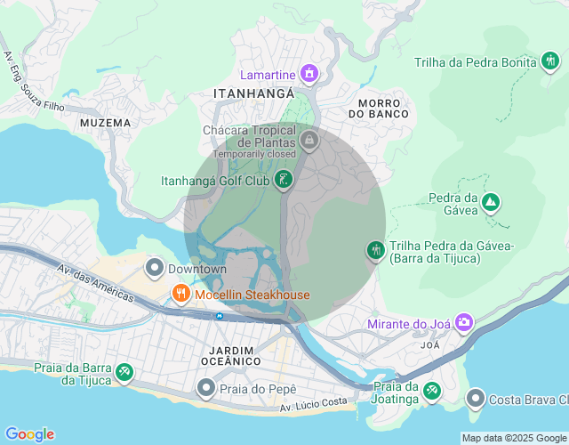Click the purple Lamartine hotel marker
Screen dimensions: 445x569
309,72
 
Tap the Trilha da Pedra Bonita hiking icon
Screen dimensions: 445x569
550,61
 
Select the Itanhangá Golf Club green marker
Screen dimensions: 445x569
283,181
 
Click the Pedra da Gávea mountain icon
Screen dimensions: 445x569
490,203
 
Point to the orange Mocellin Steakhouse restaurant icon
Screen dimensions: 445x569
180,295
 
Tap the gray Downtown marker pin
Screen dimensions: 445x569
155,268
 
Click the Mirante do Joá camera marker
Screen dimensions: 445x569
463,323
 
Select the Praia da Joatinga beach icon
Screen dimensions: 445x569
431,391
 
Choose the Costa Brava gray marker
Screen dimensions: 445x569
476,398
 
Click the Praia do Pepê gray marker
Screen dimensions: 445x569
206,388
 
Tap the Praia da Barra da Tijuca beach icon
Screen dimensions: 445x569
125,373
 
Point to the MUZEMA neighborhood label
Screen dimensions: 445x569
105,122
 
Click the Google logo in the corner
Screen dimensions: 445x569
28,433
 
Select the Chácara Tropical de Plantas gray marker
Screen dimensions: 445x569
309,140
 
